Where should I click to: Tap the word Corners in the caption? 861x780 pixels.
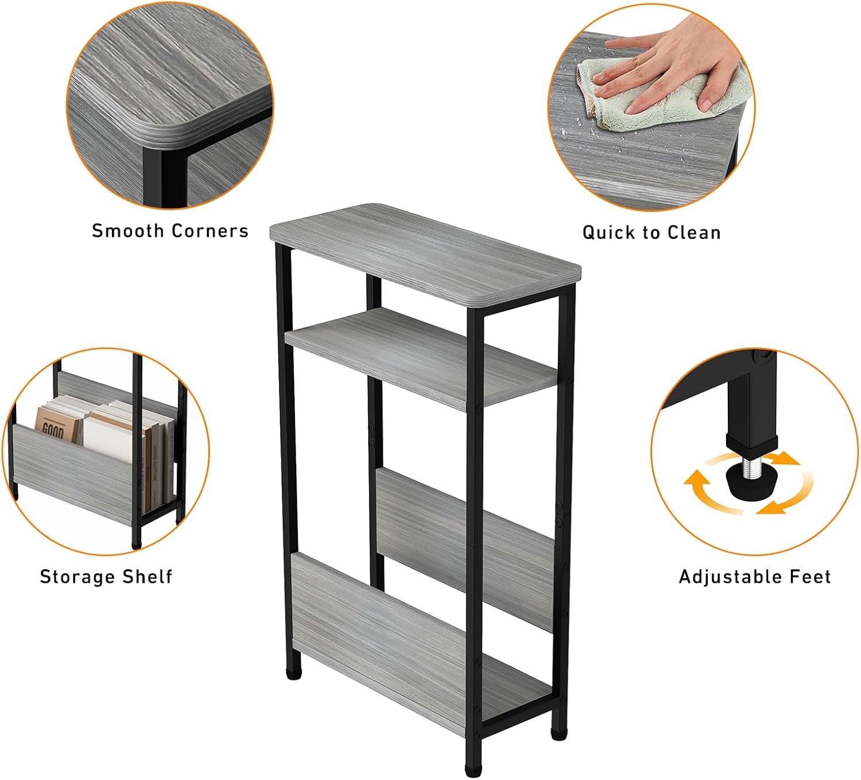(x=210, y=231)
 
